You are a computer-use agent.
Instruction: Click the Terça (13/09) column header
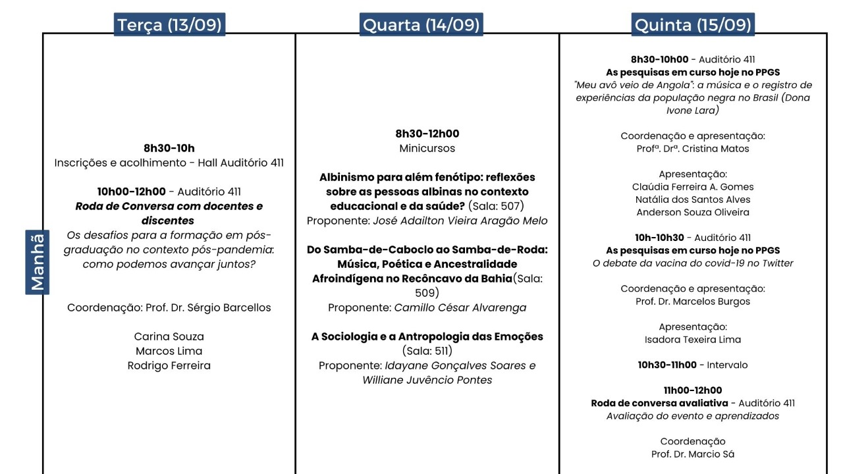pos(169,25)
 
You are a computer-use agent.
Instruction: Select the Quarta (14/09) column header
pos(421,25)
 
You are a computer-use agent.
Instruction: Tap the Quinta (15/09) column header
pos(692,25)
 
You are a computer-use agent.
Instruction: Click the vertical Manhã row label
pos(37,262)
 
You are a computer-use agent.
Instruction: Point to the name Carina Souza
pos(169,336)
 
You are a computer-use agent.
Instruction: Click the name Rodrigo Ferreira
pos(169,365)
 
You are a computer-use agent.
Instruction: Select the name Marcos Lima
pos(169,351)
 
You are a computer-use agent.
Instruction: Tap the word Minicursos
pos(427,148)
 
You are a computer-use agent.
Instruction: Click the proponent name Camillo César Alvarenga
pos(460,307)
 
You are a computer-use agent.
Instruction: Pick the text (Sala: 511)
pos(427,351)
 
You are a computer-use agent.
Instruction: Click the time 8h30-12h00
pos(427,134)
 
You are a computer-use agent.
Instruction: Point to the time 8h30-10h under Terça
pos(169,148)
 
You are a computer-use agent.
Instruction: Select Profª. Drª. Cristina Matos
pos(692,149)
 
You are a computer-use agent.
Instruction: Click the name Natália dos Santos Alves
pos(692,199)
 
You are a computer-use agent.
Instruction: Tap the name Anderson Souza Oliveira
pos(692,212)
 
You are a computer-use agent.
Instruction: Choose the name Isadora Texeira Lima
pos(692,340)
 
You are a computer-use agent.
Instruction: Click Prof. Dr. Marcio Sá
pos(692,454)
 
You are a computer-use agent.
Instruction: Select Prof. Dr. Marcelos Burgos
pos(692,302)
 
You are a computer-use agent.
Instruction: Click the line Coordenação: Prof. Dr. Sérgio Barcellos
pos(169,307)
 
